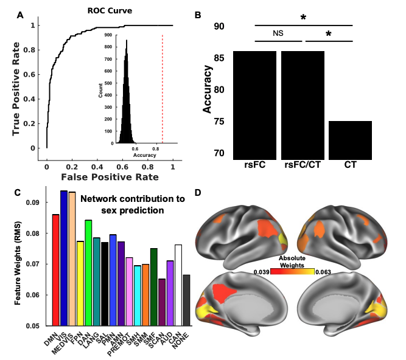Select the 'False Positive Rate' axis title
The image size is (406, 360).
click(110, 177)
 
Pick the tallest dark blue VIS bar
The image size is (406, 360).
click(64, 258)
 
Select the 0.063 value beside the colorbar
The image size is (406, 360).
click(323, 271)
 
